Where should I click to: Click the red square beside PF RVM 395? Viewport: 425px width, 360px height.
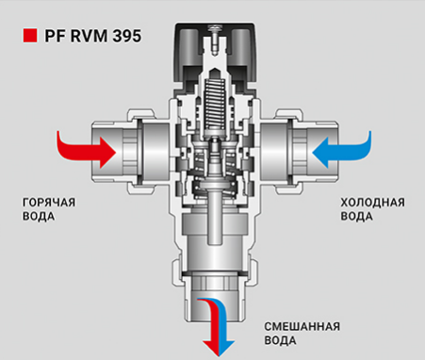point(30,36)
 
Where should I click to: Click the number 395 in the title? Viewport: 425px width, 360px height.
point(127,36)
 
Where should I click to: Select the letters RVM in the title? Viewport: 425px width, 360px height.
point(90,36)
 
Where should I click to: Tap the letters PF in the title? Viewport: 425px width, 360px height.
point(56,36)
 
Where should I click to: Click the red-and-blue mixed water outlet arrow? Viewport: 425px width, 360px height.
point(217,327)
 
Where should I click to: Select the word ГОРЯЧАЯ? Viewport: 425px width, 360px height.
point(49,203)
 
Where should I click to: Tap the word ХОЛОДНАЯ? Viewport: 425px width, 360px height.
point(373,203)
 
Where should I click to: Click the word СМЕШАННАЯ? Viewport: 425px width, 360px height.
point(302,327)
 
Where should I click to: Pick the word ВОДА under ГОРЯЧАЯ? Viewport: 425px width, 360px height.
point(39,217)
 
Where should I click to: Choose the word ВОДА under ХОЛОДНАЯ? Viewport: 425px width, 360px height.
point(357,217)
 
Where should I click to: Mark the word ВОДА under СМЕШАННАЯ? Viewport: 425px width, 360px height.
point(280,340)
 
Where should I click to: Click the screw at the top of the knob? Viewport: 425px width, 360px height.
point(215,35)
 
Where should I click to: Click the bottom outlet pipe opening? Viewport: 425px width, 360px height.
point(215,300)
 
